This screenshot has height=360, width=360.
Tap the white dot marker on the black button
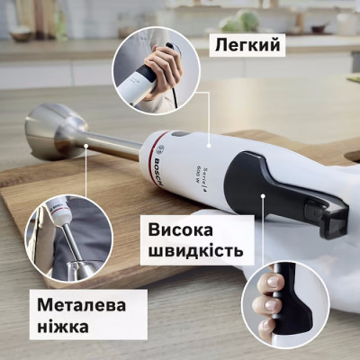(x=263, y=193)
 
